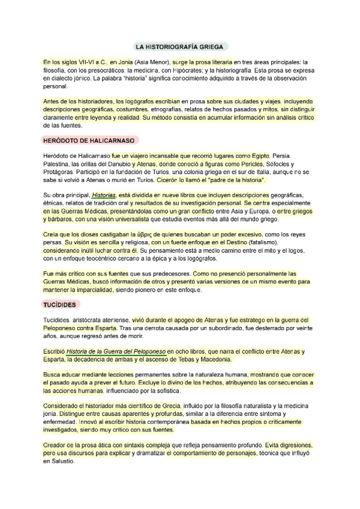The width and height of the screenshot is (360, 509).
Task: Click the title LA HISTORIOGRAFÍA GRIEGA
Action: (x=180, y=46)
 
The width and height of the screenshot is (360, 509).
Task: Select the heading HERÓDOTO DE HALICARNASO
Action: (x=89, y=140)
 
